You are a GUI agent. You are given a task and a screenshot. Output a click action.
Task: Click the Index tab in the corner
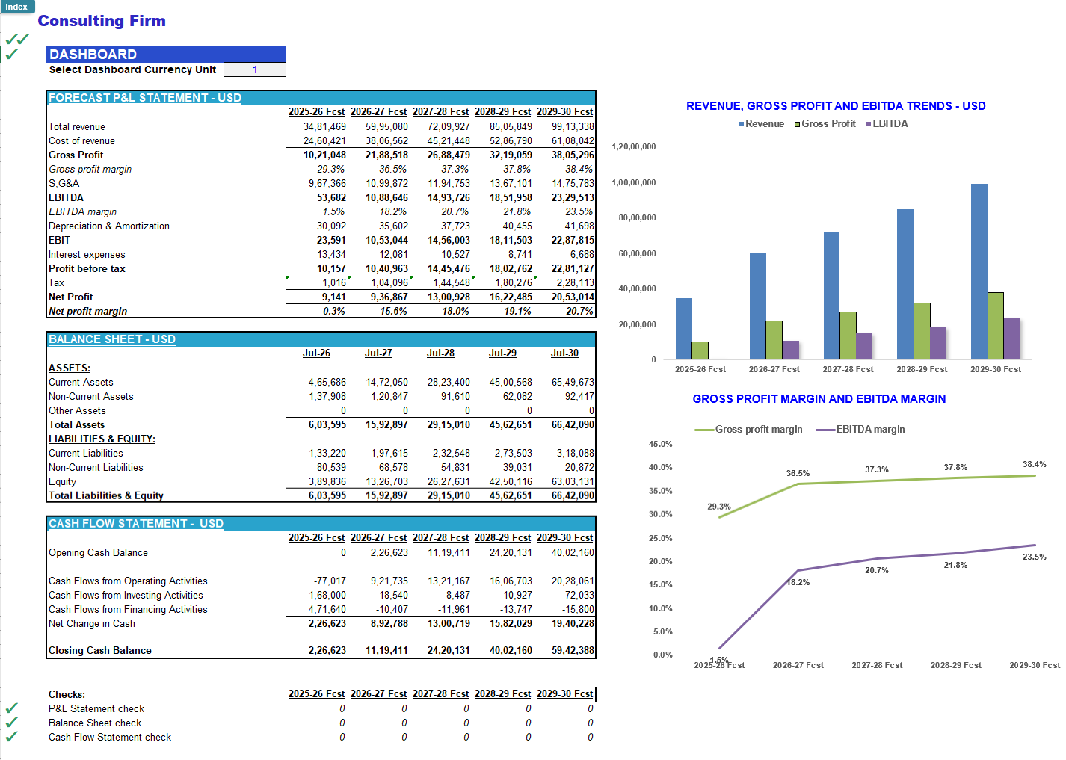click(16, 7)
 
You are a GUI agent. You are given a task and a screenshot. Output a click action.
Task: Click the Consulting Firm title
click(102, 21)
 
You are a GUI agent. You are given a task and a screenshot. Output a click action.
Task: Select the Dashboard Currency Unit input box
click(254, 69)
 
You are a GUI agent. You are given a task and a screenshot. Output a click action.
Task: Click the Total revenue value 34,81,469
click(324, 127)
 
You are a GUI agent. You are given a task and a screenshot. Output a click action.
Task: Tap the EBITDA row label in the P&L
click(66, 198)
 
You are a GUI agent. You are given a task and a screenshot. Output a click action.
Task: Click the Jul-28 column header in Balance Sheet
click(440, 353)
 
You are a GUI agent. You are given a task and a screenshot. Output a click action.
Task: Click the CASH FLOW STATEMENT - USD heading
click(136, 524)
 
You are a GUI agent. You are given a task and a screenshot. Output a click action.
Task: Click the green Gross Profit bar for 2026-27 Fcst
click(774, 340)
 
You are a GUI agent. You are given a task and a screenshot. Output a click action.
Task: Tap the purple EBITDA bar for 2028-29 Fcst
click(938, 343)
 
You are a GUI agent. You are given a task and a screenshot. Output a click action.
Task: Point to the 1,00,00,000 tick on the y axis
click(633, 182)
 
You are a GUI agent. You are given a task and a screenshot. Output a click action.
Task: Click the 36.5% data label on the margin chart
click(798, 473)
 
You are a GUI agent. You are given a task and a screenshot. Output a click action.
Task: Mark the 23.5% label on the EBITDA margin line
click(1034, 557)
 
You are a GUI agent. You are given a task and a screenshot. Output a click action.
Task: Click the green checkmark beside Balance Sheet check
click(11, 723)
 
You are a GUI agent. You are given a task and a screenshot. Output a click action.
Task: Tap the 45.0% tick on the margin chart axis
click(660, 444)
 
